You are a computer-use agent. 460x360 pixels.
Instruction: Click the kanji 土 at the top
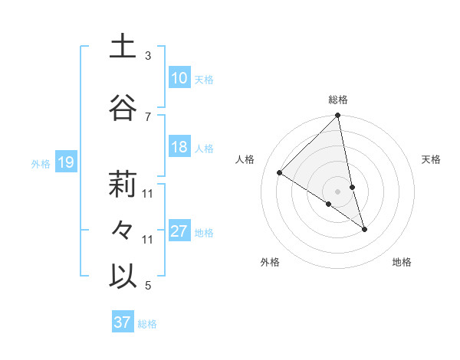tap(123, 47)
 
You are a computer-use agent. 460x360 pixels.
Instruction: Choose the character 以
tap(123, 277)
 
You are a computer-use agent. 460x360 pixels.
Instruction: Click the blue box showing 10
tap(179, 77)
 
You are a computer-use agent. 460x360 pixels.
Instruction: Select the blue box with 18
tap(179, 147)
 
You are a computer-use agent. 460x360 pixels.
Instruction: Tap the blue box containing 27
tap(179, 231)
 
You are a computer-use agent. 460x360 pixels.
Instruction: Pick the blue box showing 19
tap(65, 162)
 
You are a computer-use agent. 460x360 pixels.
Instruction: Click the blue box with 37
tap(122, 322)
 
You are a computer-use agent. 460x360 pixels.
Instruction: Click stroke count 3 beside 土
tap(148, 56)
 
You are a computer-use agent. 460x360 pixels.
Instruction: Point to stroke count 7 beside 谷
tap(148, 117)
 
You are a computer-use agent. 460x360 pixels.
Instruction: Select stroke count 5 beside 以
tap(148, 286)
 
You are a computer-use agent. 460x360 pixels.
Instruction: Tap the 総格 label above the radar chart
tap(338, 100)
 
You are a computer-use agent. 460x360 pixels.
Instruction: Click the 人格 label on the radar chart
tap(245, 159)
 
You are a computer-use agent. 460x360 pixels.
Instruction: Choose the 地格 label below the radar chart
tap(402, 262)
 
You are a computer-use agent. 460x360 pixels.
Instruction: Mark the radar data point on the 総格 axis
tap(338, 116)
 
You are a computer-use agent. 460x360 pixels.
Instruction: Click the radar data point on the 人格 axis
tap(280, 173)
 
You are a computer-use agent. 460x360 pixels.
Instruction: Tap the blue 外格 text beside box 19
tap(41, 163)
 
